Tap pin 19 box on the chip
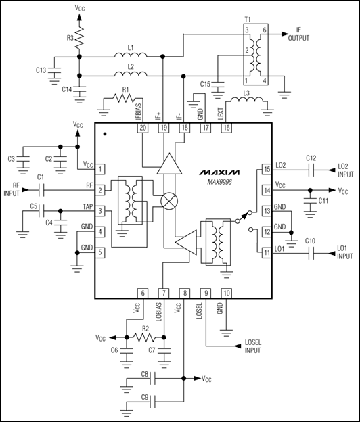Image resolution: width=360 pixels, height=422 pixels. [163, 127]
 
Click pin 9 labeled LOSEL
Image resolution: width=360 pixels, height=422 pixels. [205, 293]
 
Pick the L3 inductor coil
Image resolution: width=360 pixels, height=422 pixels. [244, 101]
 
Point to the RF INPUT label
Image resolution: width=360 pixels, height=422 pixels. [11, 191]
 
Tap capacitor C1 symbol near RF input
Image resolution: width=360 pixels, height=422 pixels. [41, 191]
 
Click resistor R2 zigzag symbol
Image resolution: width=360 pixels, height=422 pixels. [143, 337]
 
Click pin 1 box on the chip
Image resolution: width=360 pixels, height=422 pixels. [100, 169]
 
